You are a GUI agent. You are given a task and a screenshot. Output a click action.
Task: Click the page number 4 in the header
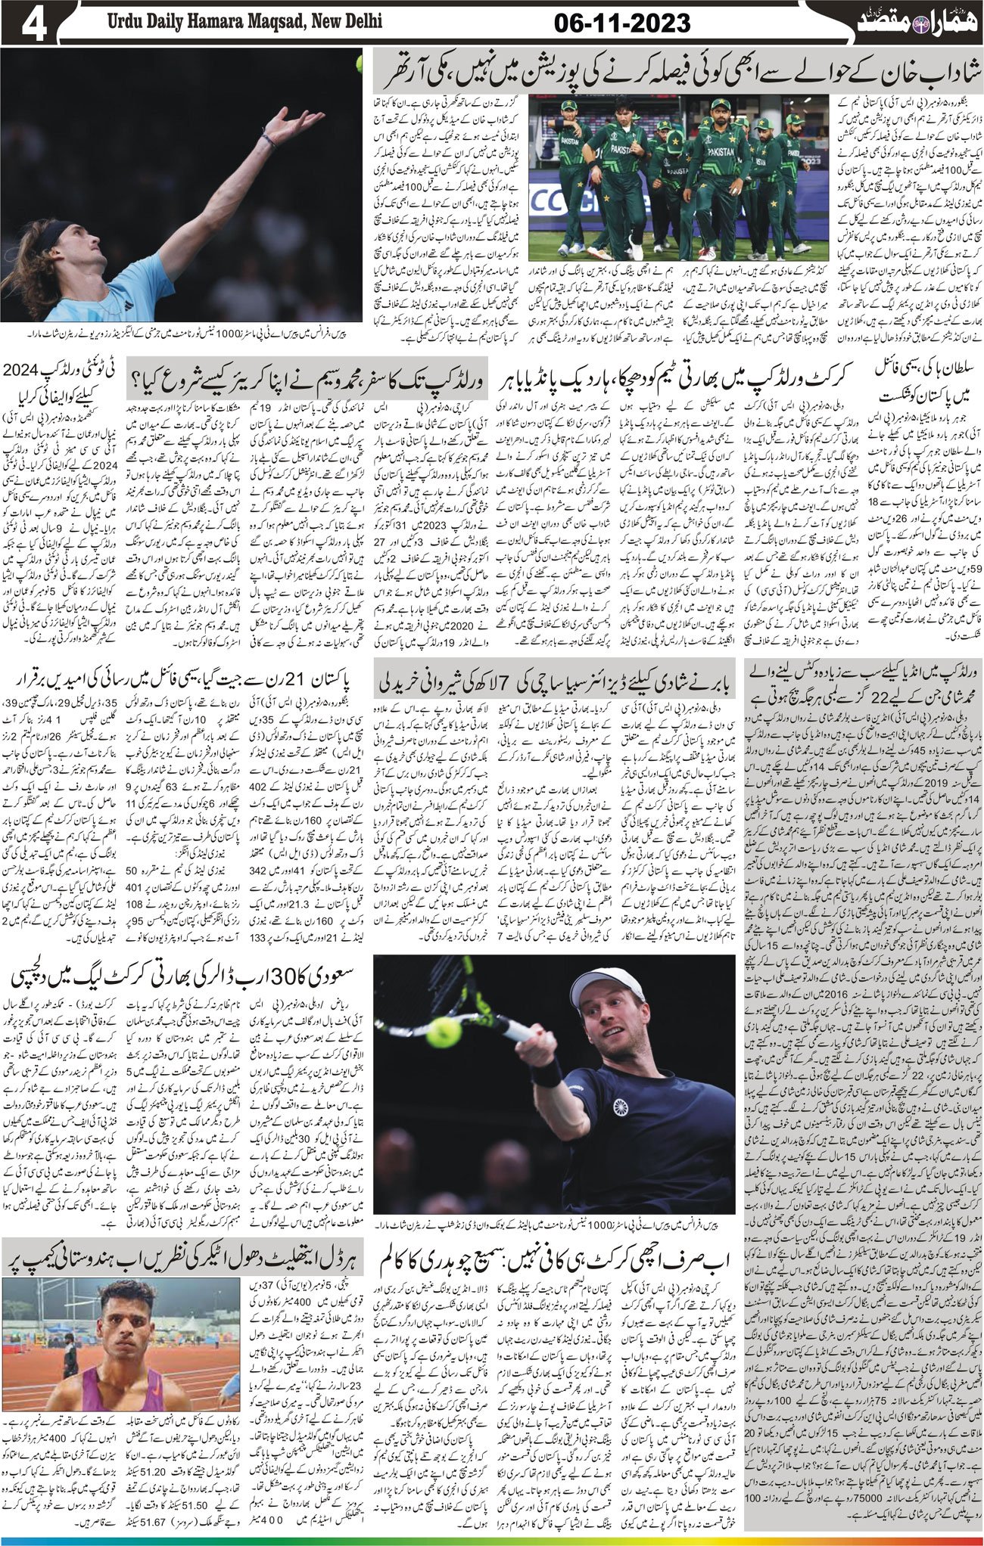35,24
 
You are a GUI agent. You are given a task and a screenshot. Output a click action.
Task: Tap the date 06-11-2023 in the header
623,23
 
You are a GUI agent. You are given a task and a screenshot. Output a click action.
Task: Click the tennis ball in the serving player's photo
358,67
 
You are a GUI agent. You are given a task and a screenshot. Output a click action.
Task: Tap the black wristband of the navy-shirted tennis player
543,1073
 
